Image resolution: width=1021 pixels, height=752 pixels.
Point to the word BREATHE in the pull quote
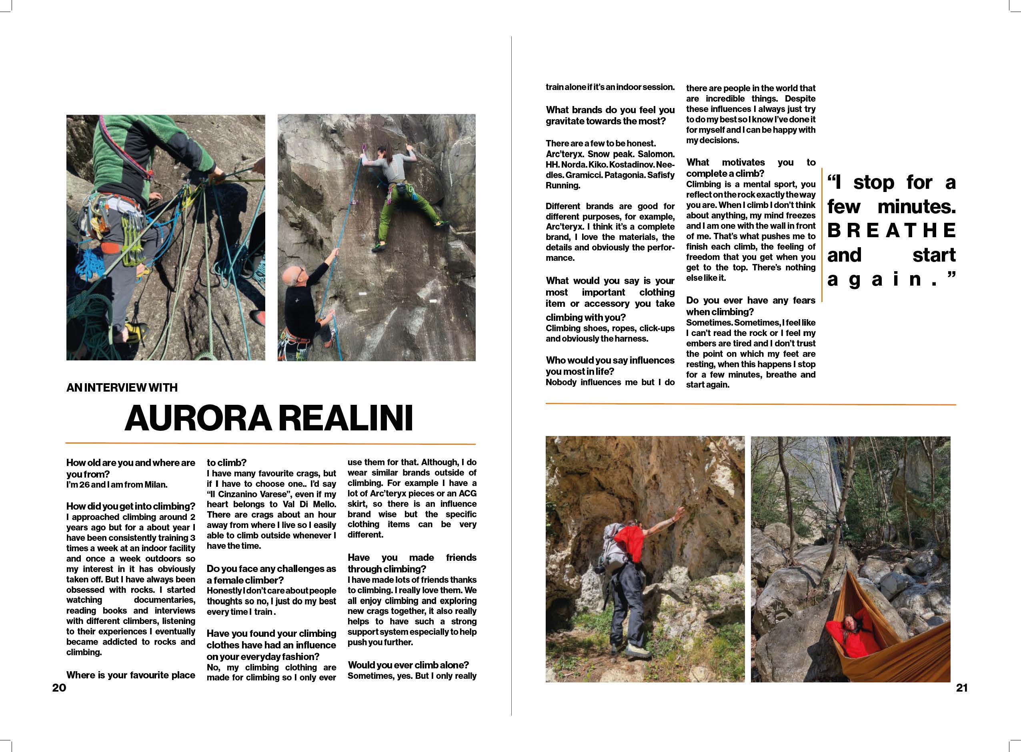[891, 231]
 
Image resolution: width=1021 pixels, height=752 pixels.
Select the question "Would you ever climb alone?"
[408, 665]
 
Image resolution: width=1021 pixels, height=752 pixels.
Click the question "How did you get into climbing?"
[131, 506]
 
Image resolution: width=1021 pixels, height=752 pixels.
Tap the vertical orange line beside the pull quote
[822, 234]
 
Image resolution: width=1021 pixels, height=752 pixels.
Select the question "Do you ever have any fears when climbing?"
[750, 306]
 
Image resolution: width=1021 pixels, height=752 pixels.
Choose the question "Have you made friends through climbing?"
[412, 563]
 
